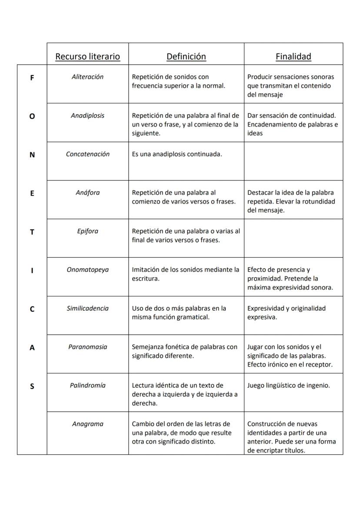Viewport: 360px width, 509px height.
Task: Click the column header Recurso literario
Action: tap(87, 57)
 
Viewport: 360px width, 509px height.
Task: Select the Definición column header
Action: tap(186, 57)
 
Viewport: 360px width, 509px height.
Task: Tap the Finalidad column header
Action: tap(293, 57)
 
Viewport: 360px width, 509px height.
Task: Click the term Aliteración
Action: tap(87, 77)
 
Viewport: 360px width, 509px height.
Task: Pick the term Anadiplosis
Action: tap(87, 116)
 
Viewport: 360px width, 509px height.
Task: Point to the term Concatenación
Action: tap(87, 154)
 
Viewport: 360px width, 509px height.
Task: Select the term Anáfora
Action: tap(87, 193)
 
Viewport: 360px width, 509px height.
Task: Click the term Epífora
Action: tap(87, 231)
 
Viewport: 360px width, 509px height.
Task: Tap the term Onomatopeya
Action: tap(87, 269)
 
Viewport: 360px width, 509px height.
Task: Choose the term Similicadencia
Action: tap(87, 308)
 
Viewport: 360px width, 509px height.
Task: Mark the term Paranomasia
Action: tap(87, 347)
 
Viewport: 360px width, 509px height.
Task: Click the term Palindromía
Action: tap(87, 385)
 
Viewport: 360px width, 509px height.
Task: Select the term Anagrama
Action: tap(87, 424)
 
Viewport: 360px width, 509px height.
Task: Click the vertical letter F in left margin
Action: tap(32, 78)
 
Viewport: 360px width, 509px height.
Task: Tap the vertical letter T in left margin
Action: tap(32, 232)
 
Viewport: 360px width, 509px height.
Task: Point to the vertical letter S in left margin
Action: tap(32, 386)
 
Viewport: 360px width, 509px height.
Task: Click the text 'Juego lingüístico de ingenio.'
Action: tap(288, 385)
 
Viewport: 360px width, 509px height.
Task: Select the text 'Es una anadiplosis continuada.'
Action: tap(177, 154)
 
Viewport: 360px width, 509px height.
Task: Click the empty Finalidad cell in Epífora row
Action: tap(293, 238)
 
